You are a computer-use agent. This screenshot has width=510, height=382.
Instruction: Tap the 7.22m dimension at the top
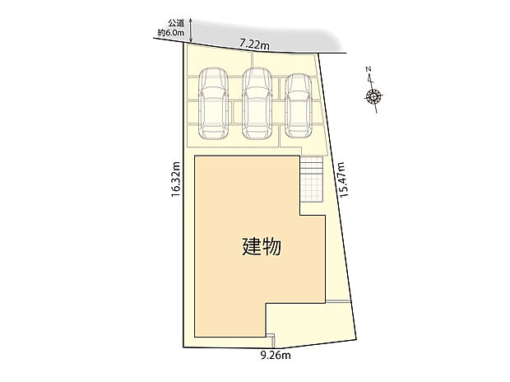point(255,46)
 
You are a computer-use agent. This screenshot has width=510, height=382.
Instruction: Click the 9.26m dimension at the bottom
point(276,356)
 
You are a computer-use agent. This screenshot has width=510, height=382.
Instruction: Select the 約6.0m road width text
point(172,35)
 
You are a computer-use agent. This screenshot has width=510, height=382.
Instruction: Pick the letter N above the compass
point(369,70)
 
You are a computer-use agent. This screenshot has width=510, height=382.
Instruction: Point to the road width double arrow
point(191,30)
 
